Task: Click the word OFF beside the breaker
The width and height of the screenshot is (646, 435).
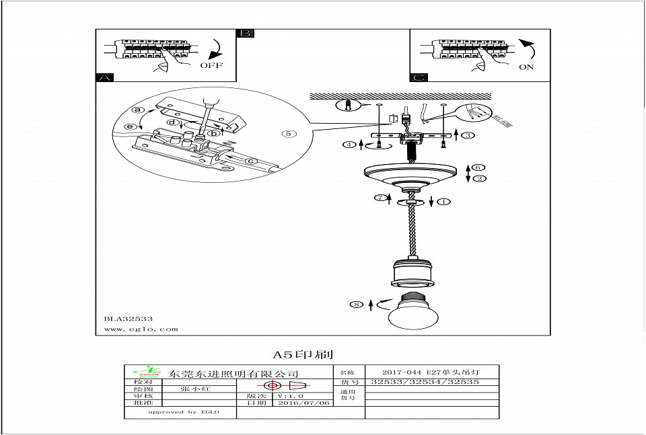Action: (211, 65)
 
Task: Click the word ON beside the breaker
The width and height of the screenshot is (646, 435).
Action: (527, 67)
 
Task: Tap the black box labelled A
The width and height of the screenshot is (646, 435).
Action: (104, 77)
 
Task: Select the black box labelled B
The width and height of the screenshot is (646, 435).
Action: (246, 33)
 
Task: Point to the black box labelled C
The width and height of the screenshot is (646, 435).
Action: (419, 77)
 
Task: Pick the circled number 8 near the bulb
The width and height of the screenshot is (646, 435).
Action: (357, 305)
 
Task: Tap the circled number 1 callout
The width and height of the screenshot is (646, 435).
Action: (445, 201)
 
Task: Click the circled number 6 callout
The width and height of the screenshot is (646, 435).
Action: (476, 167)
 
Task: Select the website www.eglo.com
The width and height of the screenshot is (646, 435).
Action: (141, 329)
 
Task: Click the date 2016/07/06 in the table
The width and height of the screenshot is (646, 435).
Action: (303, 403)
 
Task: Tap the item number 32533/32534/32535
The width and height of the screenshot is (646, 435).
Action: (425, 382)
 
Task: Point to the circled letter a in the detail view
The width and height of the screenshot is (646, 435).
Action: (139, 110)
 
